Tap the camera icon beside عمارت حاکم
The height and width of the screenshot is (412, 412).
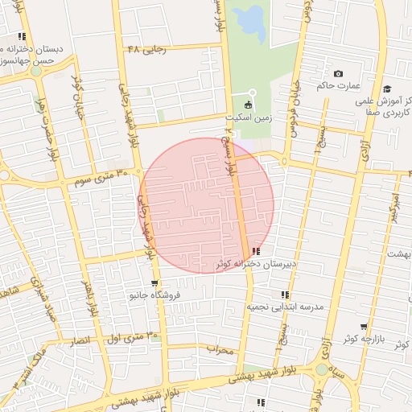click(338, 74)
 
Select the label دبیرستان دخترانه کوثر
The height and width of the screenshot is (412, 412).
click(256, 264)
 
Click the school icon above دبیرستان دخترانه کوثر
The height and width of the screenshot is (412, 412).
click(256, 252)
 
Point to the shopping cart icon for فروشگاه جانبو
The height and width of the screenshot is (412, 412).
click(154, 284)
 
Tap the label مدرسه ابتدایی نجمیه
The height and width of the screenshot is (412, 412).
click(285, 307)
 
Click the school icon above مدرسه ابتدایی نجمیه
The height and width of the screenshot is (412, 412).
click(285, 295)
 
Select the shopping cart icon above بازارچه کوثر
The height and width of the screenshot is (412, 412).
click(364, 327)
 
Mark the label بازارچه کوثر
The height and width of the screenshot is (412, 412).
click(360, 339)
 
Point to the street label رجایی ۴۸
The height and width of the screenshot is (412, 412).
click(146, 48)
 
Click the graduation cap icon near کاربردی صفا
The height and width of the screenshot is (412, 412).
click(387, 89)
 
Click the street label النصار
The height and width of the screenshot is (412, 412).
click(80, 341)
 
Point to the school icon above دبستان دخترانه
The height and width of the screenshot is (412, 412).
click(22, 36)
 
